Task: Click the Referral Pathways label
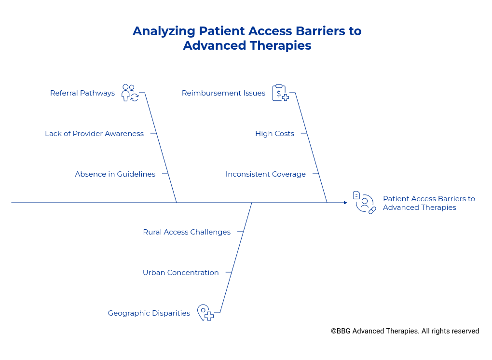tap(82, 93)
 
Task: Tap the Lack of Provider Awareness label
tap(94, 134)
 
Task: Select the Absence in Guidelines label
tap(115, 174)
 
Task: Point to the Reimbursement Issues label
tap(223, 93)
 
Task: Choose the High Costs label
tap(274, 134)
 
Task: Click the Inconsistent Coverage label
tap(265, 174)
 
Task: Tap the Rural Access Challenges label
tap(187, 232)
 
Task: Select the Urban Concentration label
tap(180, 273)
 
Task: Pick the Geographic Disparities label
tap(149, 313)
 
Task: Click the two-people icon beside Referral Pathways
tap(130, 93)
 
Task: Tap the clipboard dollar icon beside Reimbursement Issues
tap(280, 93)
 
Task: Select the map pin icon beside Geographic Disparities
tap(205, 313)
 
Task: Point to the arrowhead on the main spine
tap(345, 203)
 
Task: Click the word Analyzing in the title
tap(164, 31)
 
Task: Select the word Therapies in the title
tap(284, 46)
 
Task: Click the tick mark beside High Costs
tap(303, 133)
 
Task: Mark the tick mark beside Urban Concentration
tap(229, 272)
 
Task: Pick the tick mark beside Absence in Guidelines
tap(165, 174)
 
